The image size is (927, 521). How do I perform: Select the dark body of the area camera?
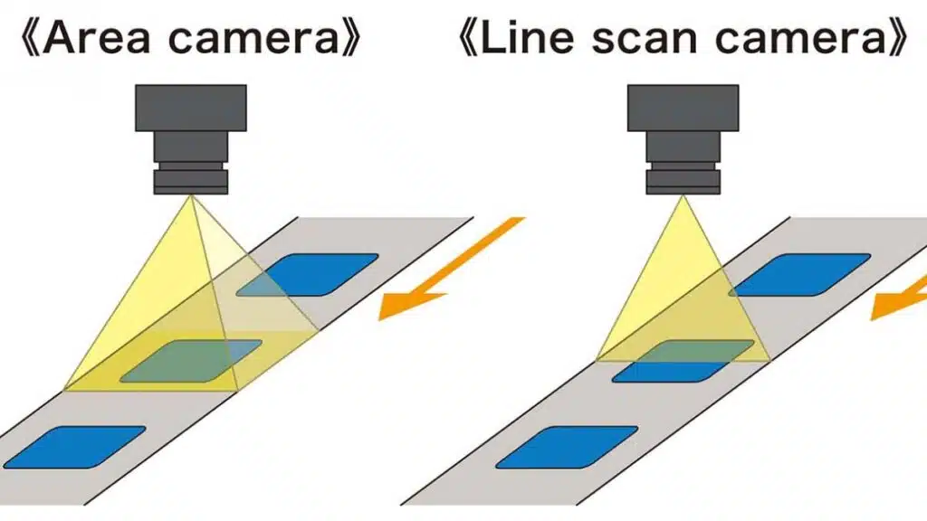[190, 107]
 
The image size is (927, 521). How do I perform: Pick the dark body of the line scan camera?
[683, 107]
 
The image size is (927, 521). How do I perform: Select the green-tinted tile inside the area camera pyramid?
[191, 360]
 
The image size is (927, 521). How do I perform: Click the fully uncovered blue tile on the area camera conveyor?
[74, 446]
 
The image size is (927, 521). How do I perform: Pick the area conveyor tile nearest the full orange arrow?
[308, 274]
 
